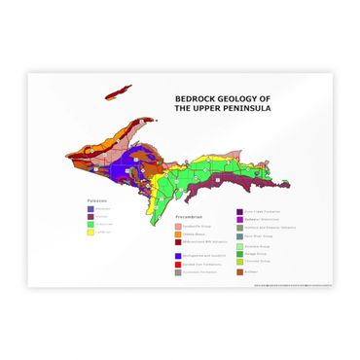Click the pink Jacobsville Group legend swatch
(178, 225)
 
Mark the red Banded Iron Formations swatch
(178, 265)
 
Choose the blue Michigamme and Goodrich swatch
(178, 256)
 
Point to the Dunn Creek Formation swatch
(239, 211)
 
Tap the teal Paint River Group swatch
(239, 236)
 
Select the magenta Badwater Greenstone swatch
(239, 219)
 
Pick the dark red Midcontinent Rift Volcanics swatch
(178, 242)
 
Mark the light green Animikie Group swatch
(239, 247)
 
